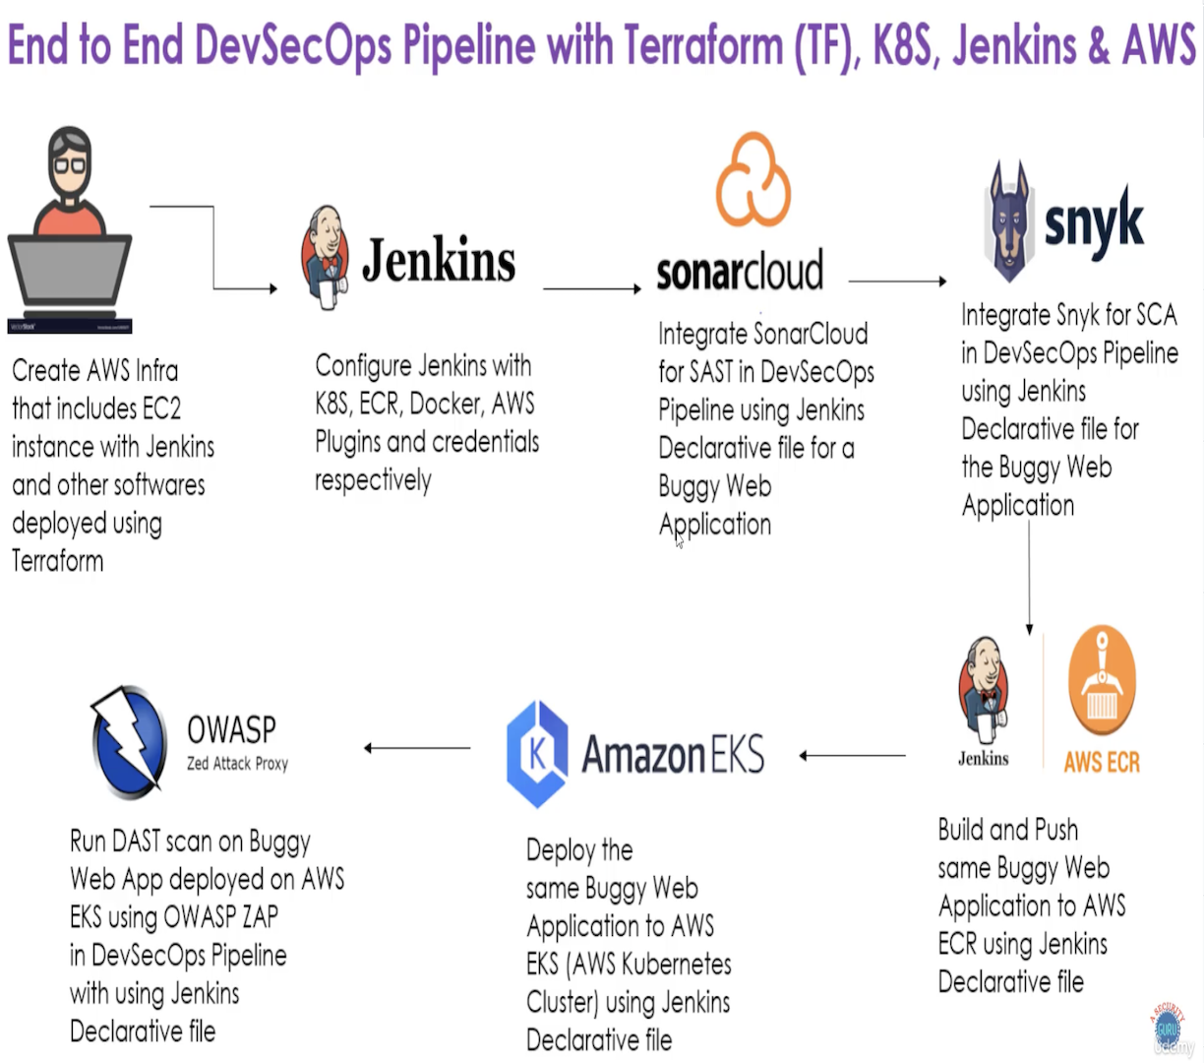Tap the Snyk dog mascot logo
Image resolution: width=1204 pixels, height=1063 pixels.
coord(1008,222)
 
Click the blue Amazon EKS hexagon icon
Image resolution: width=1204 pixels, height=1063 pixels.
coord(537,754)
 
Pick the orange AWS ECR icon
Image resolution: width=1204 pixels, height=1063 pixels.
coord(1102,680)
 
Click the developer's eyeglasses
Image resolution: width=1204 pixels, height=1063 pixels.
coord(70,164)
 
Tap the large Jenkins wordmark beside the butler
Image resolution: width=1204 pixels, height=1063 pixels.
coord(439,261)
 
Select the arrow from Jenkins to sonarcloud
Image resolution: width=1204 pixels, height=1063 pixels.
coord(591,288)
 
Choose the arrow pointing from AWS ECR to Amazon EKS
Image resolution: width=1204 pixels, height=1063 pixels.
coord(852,756)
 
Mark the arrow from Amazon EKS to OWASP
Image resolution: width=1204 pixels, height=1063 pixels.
coord(417,748)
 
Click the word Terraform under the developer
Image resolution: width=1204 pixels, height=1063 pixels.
coord(58,561)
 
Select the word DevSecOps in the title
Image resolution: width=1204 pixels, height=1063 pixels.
coord(293,45)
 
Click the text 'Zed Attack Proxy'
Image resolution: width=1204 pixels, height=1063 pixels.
coord(237,764)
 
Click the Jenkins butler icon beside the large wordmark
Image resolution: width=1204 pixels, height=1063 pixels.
coord(325,256)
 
